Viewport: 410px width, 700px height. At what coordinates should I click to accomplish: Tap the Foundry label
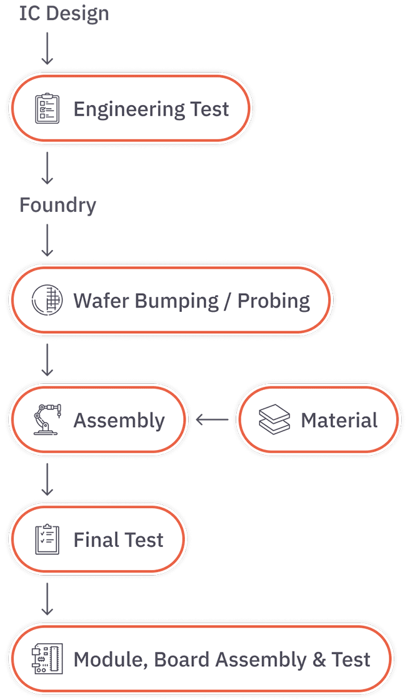(x=57, y=206)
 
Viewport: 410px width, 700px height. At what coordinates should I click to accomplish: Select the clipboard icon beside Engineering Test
(x=47, y=109)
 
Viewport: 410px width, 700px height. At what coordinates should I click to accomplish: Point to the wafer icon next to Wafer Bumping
(x=46, y=299)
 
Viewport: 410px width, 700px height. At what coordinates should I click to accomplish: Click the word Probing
(x=273, y=301)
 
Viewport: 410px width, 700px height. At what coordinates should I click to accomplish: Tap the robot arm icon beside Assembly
(x=47, y=419)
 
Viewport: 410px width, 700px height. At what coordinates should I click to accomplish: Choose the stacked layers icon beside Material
(x=274, y=419)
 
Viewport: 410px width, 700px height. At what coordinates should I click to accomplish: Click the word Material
(x=339, y=420)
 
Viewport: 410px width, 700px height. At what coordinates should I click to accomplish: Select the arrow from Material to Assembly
(x=212, y=419)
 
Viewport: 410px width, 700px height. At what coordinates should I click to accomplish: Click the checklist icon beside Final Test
(x=47, y=539)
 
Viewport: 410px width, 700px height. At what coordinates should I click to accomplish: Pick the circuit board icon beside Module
(x=47, y=659)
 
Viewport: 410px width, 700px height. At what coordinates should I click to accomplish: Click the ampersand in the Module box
(x=319, y=660)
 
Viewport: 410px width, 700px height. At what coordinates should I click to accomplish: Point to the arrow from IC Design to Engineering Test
(x=47, y=48)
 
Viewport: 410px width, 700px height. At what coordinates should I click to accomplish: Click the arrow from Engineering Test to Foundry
(x=47, y=168)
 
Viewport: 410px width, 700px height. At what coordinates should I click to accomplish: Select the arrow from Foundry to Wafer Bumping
(x=47, y=240)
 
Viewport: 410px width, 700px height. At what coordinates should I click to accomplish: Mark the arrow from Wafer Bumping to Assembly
(x=47, y=359)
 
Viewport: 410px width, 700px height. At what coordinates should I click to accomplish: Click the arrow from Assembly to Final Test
(x=47, y=479)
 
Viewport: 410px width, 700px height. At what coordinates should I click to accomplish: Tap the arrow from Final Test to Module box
(x=47, y=599)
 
